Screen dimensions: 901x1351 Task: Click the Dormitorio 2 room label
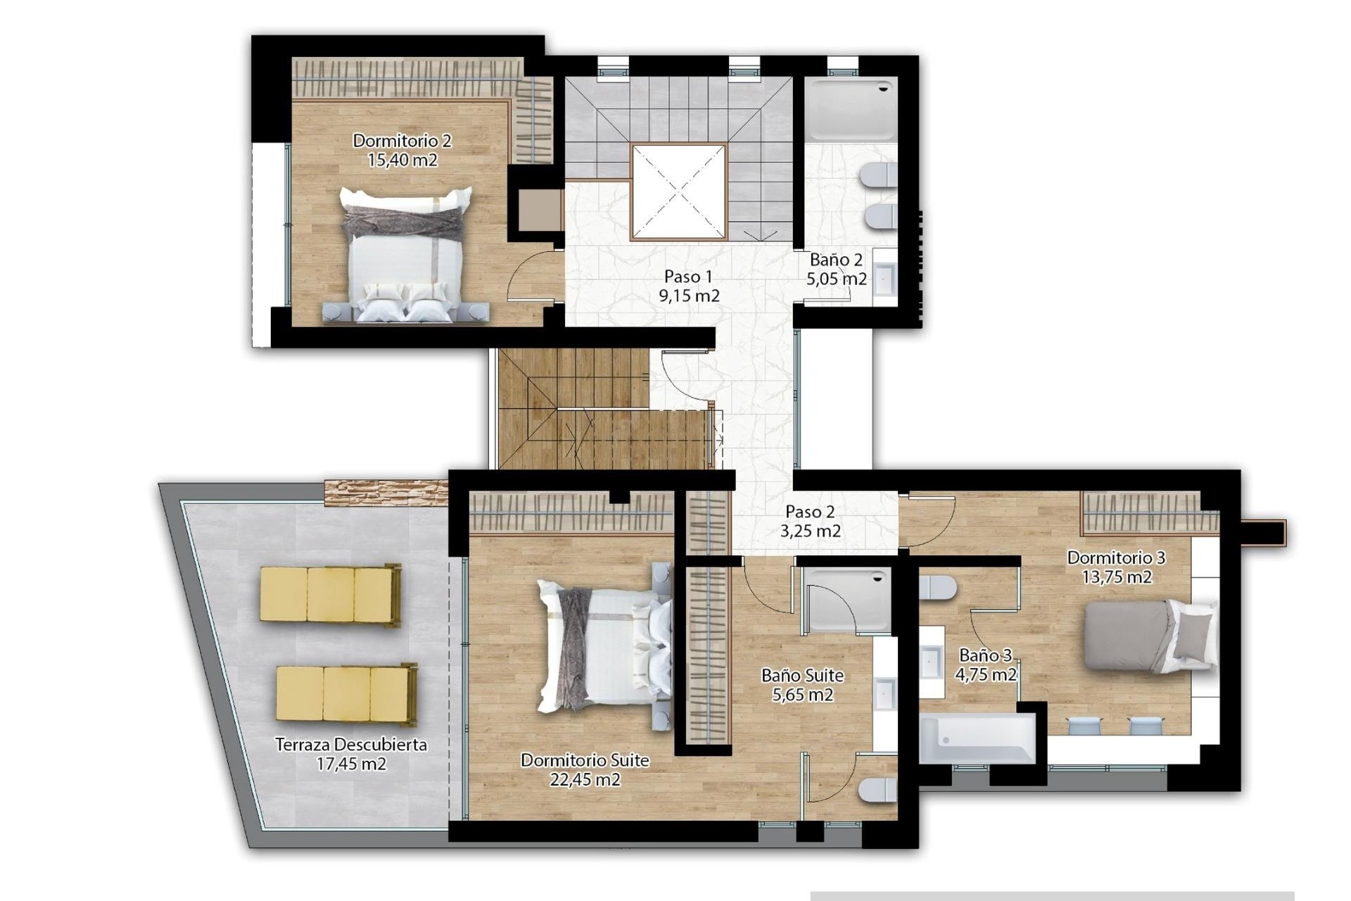click(402, 141)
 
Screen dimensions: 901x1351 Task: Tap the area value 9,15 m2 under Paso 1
click(689, 296)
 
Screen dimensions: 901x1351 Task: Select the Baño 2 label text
click(836, 260)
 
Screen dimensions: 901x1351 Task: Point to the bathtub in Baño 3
click(977, 738)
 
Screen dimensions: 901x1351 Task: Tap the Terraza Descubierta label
click(350, 744)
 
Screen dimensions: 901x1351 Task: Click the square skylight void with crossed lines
click(678, 191)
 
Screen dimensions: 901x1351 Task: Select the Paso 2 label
click(810, 512)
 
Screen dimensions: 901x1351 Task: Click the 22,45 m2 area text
click(585, 779)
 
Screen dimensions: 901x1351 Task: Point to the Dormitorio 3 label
click(1116, 557)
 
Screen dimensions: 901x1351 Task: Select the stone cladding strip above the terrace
click(386, 491)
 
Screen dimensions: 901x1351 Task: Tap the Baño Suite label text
click(802, 676)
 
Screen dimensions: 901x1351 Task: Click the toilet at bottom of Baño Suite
click(877, 790)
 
